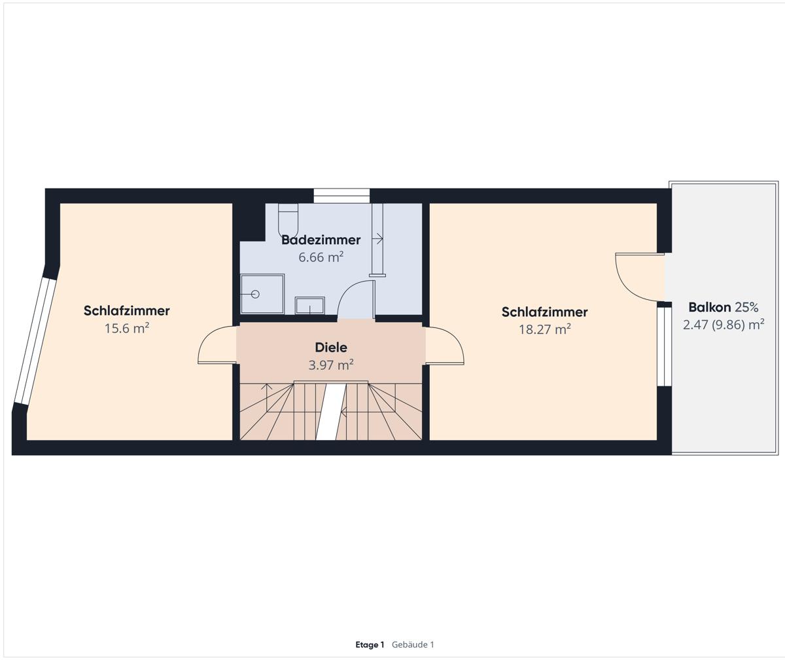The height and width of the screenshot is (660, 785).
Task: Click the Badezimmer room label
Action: click(321, 240)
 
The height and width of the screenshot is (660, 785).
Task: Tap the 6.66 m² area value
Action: click(321, 257)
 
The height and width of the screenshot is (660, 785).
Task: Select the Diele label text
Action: click(331, 347)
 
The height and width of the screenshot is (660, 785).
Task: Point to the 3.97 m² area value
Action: click(331, 365)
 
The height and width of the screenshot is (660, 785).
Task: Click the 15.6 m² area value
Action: click(127, 328)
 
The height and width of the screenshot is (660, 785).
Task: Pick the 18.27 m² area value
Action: click(545, 329)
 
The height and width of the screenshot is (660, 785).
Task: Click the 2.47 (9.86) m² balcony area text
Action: click(724, 325)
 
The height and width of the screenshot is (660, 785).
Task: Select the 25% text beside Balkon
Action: click(746, 308)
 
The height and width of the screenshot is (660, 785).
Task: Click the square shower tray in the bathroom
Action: click(262, 294)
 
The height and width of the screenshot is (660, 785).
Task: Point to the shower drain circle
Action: click(256, 294)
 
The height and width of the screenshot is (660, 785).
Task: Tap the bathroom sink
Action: click(310, 305)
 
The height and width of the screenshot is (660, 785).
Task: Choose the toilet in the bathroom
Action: click(288, 220)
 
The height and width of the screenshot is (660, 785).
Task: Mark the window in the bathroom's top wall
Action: click(341, 196)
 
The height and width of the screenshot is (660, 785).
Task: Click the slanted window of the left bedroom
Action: click(36, 341)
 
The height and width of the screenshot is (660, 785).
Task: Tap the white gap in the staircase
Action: click(331, 411)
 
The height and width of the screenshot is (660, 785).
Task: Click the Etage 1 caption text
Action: click(370, 644)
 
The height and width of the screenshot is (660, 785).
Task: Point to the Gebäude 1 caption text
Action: click(413, 644)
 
